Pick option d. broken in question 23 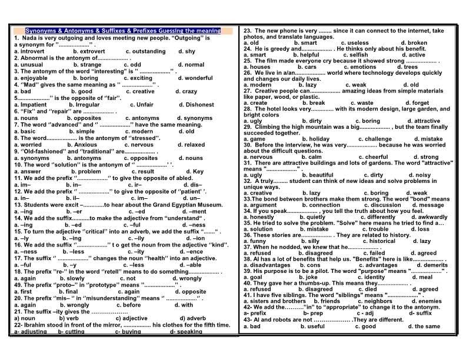[x=414, y=43]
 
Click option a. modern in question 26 [x=258, y=85]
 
